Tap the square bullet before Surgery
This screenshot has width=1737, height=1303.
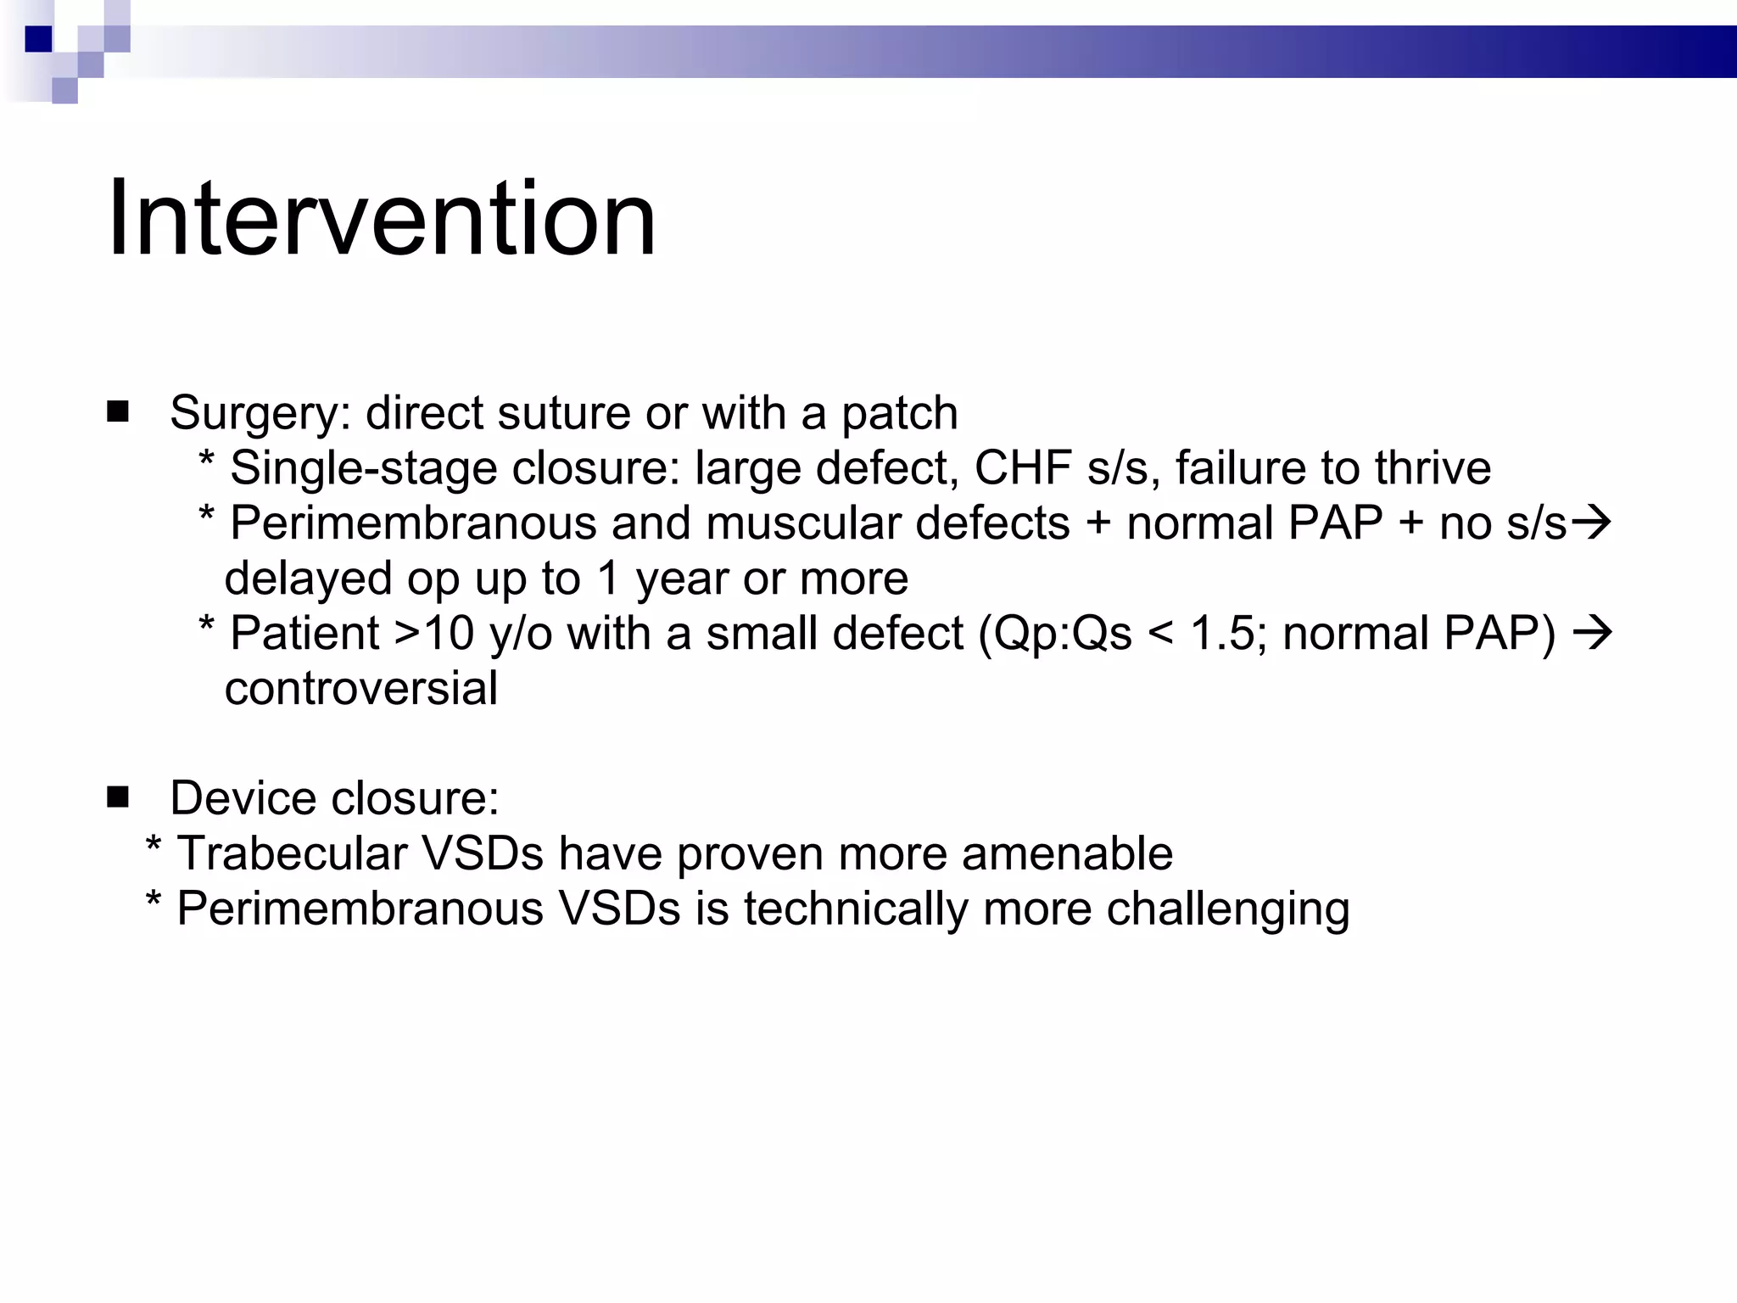(118, 412)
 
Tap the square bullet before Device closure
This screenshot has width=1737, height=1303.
(118, 797)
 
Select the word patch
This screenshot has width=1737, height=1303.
(899, 414)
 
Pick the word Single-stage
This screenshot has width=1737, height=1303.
(363, 469)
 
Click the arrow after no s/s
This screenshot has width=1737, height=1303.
(1591, 523)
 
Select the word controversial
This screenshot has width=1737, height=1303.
(361, 688)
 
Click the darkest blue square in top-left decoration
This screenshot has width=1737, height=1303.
(38, 39)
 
